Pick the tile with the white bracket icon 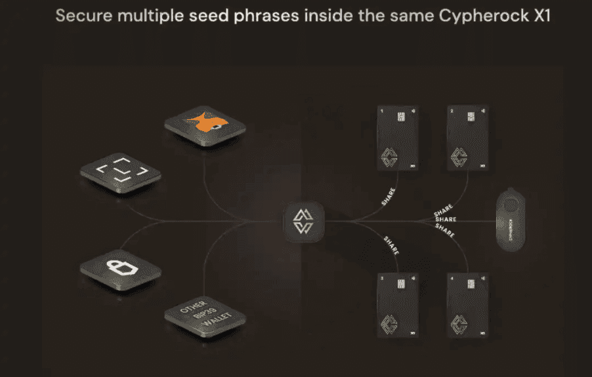pyautogui.click(x=120, y=174)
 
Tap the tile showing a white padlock pyautogui.click(x=120, y=269)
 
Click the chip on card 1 pyautogui.click(x=400, y=116)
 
